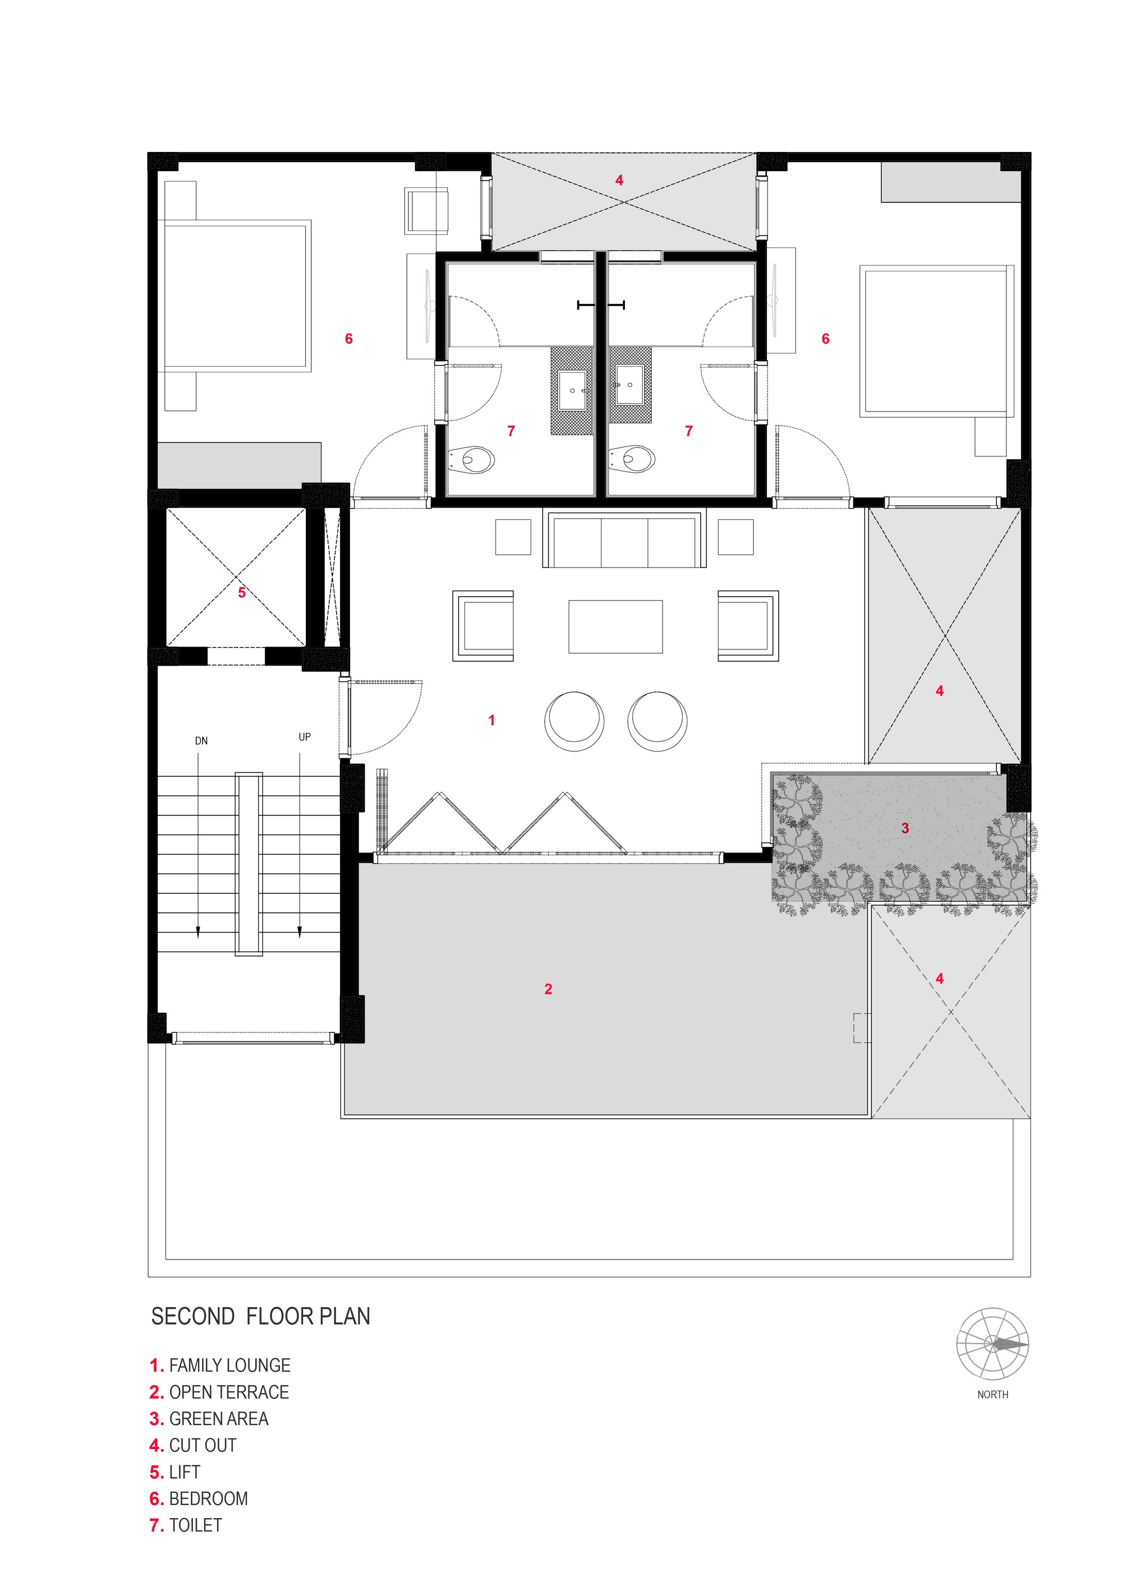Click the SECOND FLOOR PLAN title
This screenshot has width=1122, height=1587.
261,1316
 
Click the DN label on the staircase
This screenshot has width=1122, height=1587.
201,741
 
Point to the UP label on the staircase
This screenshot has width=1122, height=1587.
305,737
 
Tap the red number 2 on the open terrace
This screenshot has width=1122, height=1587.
548,989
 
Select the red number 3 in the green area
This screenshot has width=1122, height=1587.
905,828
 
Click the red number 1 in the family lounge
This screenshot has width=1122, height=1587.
491,720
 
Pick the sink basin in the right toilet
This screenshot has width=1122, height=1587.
630,384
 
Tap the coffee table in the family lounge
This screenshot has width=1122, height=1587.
615,626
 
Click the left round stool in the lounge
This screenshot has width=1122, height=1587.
574,721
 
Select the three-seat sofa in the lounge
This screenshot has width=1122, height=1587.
624,538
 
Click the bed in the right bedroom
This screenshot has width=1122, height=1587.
937,341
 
